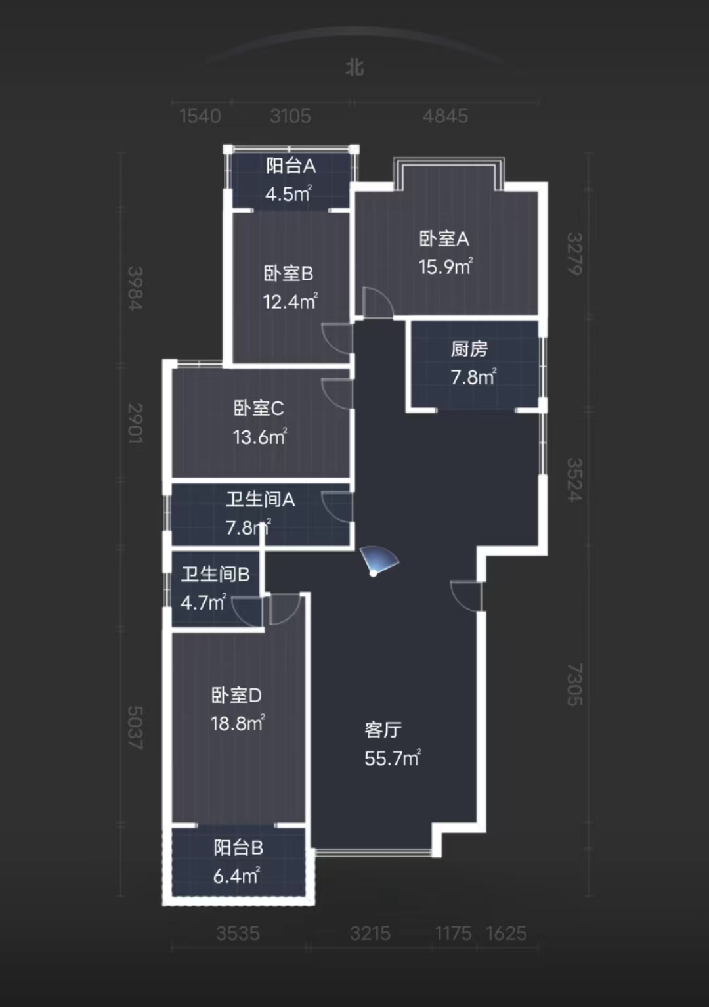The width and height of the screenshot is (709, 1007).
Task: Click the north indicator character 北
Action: point(354,68)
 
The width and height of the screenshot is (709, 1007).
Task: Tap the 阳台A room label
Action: point(291,166)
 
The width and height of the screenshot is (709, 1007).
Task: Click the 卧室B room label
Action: point(289,273)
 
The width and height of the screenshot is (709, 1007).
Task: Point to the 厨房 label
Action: point(469,349)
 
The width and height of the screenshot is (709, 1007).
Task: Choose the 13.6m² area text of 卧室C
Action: point(260,437)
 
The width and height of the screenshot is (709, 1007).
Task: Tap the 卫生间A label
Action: point(261,500)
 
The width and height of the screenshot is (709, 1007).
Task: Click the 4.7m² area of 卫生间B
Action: point(204,602)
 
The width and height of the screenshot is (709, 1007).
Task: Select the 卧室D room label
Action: point(236,695)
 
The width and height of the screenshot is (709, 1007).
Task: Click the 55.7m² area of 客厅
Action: point(393,758)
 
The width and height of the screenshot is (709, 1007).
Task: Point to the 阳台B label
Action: point(238,848)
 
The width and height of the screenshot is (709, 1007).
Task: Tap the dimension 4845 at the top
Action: point(445,116)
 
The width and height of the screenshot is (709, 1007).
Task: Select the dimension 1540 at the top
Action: point(200,116)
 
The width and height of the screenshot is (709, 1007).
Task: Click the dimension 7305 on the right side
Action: point(574,684)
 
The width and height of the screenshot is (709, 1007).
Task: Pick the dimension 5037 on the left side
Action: point(135,727)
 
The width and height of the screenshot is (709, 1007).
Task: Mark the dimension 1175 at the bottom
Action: point(453,933)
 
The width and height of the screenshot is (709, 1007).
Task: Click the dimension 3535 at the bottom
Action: point(238,933)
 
